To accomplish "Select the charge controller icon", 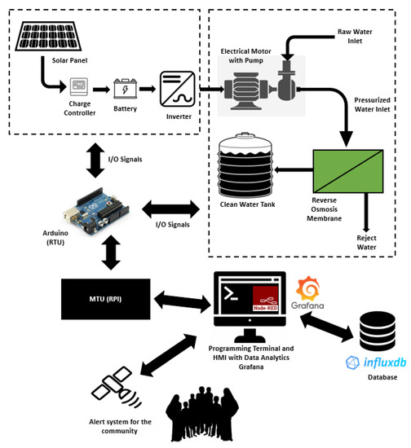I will tap(79, 86).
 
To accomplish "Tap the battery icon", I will tap(126, 87).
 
